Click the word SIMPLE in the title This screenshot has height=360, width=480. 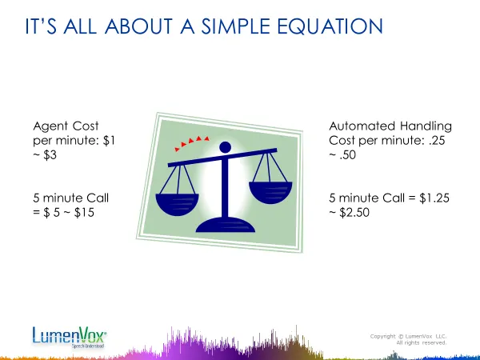pos(235,26)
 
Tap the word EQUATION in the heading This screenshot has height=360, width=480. pos(330,26)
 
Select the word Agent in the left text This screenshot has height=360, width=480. pos(50,126)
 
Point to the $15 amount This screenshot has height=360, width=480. pos(84,213)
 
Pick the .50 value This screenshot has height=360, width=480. pos(347,155)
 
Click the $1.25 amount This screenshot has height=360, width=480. pos(434,198)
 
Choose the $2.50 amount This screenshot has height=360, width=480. pos(354,213)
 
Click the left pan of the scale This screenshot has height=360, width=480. pos(178,204)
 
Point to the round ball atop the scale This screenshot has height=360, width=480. pos(226,147)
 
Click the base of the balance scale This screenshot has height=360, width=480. pos(226,225)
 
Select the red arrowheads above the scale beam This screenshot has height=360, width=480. pos(192,142)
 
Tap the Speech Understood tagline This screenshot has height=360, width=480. pos(88,346)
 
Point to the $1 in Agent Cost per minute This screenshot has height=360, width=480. pos(110,141)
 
